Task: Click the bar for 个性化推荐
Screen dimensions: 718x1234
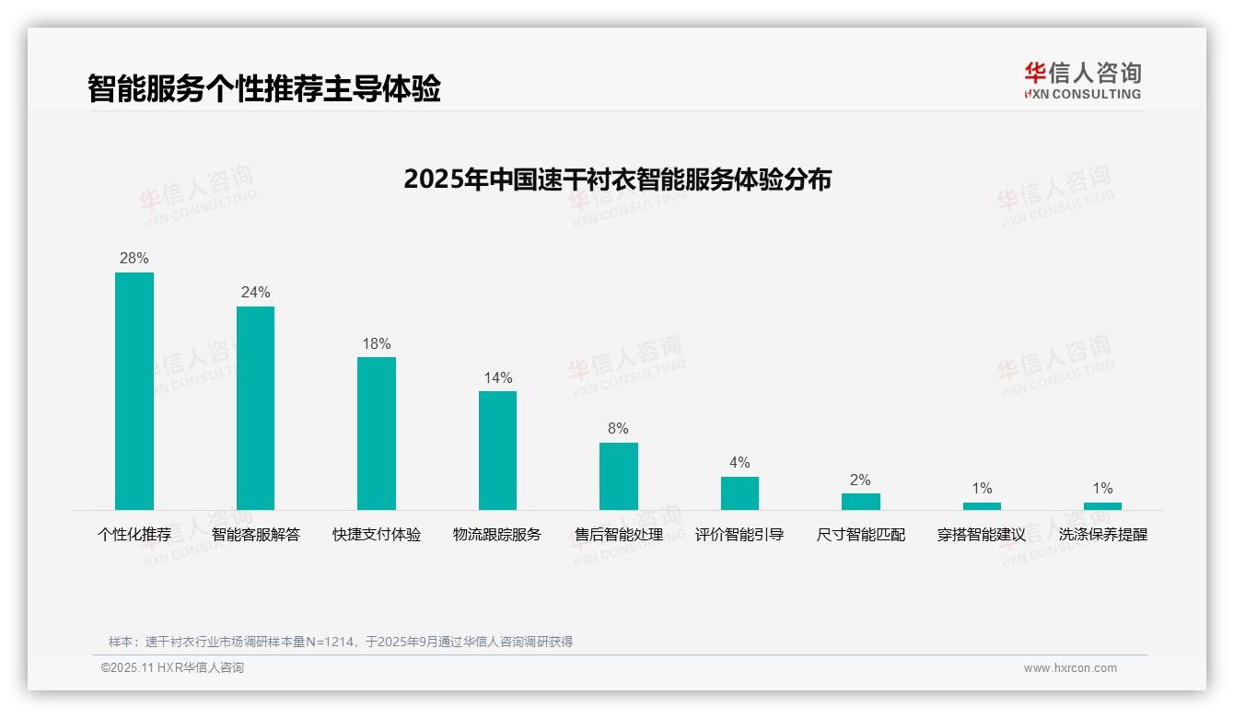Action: coord(134,391)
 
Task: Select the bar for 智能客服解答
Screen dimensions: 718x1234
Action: coord(255,408)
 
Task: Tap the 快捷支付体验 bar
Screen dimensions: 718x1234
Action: coord(377,434)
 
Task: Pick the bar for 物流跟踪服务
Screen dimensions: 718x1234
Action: coord(497,450)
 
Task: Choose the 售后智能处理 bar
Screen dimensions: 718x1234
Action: coord(619,476)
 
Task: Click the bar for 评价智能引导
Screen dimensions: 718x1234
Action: coord(739,493)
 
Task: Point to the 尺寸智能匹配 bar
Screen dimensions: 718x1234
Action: coord(861,502)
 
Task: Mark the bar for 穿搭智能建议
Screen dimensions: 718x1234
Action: coord(982,506)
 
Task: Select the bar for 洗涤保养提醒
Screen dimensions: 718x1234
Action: coord(1102,506)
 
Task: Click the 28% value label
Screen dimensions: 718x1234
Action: coord(134,259)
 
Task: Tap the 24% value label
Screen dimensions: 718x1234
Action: coord(255,293)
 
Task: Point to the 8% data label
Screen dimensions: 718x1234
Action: coord(619,429)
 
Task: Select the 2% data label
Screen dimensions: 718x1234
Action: coord(861,481)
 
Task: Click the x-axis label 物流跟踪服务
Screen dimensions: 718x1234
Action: coord(497,535)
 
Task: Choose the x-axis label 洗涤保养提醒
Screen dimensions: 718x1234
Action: coord(1102,535)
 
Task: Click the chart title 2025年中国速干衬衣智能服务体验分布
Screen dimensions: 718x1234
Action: coord(617,179)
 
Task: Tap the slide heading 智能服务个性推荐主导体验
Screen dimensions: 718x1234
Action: coord(264,88)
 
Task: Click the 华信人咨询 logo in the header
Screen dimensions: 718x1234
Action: coord(1082,80)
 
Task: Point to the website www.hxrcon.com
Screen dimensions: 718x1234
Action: coord(1070,668)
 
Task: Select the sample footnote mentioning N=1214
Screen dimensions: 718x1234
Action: coord(341,642)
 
